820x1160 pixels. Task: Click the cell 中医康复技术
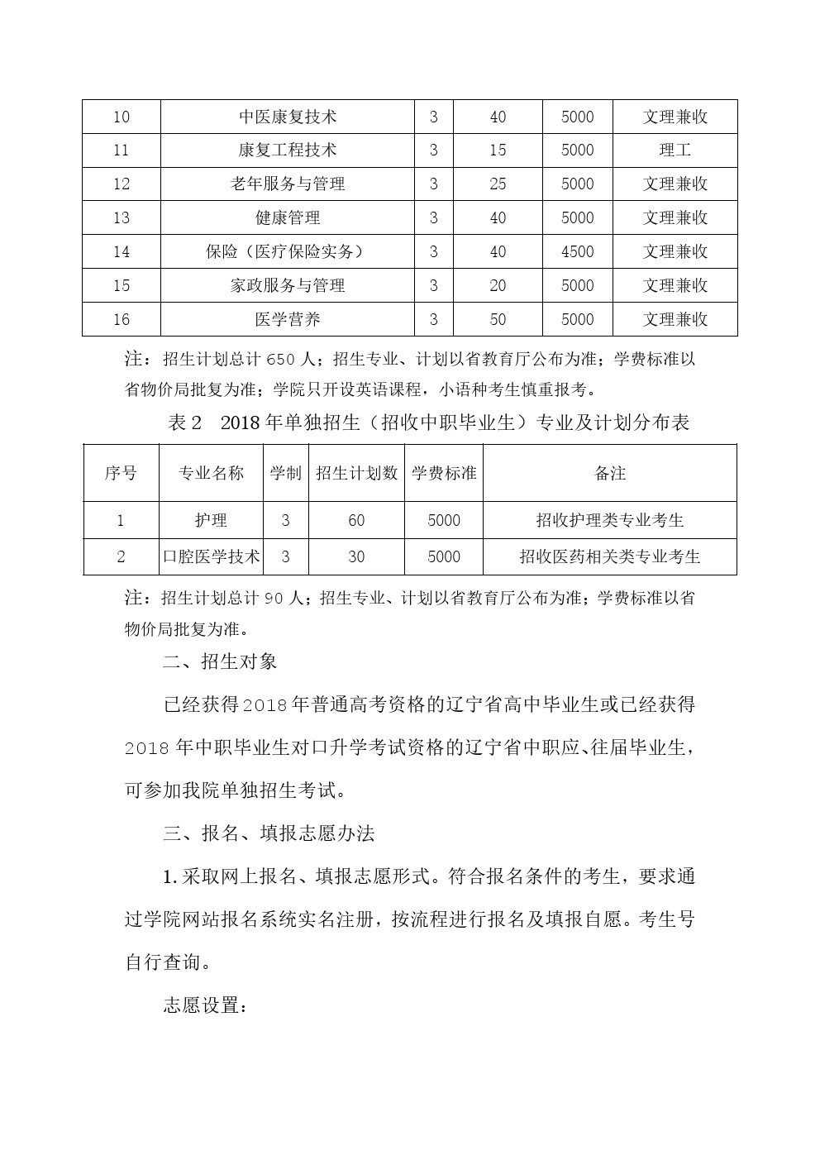(288, 117)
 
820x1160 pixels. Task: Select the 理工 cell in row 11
(675, 150)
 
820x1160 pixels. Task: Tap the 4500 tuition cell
(577, 251)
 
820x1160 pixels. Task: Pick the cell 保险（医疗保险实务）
(288, 251)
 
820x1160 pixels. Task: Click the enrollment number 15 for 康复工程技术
(498, 150)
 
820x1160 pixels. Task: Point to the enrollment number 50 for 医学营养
(498, 319)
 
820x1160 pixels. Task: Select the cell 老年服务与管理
(288, 184)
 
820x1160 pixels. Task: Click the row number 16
(122, 319)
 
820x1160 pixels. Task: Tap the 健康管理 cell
(288, 218)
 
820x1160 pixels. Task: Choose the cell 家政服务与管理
(288, 285)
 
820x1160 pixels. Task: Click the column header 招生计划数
(356, 473)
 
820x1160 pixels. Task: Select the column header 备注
(610, 473)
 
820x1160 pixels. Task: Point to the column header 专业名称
(212, 473)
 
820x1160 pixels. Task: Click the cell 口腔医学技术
(212, 556)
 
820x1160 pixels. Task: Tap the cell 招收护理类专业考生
(610, 520)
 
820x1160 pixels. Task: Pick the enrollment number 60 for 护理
(356, 520)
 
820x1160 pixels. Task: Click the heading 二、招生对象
(220, 661)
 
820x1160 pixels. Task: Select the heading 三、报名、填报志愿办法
(269, 833)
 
